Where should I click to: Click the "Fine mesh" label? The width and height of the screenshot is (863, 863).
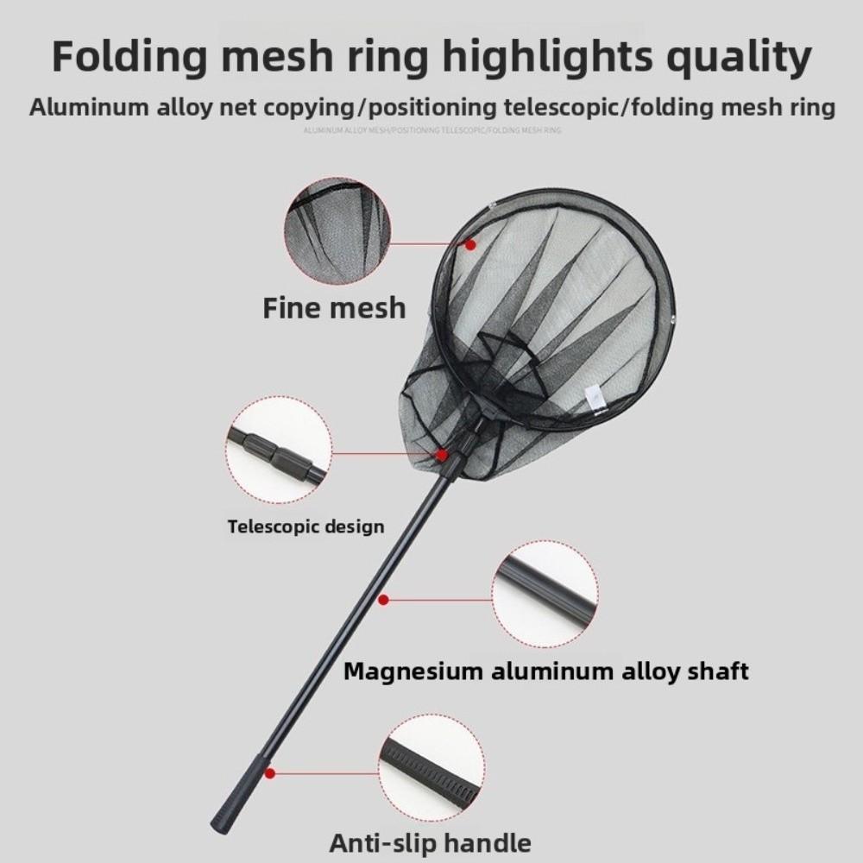(334, 307)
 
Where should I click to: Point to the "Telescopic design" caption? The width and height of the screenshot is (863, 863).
(306, 526)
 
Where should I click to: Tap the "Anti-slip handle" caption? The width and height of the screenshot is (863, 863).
(430, 841)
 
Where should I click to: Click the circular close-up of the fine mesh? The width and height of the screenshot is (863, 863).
(337, 230)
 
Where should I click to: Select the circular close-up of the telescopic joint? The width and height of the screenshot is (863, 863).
(279, 450)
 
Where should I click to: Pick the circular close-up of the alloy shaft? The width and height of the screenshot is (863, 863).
(545, 594)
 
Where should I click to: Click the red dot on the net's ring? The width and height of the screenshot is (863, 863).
(471, 245)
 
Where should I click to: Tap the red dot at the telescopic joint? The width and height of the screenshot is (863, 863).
(442, 454)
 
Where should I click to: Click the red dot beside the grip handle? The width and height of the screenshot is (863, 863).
(270, 774)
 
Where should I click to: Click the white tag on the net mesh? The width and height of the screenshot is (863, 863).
(594, 398)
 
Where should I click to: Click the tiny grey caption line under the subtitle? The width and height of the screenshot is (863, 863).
(431, 130)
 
